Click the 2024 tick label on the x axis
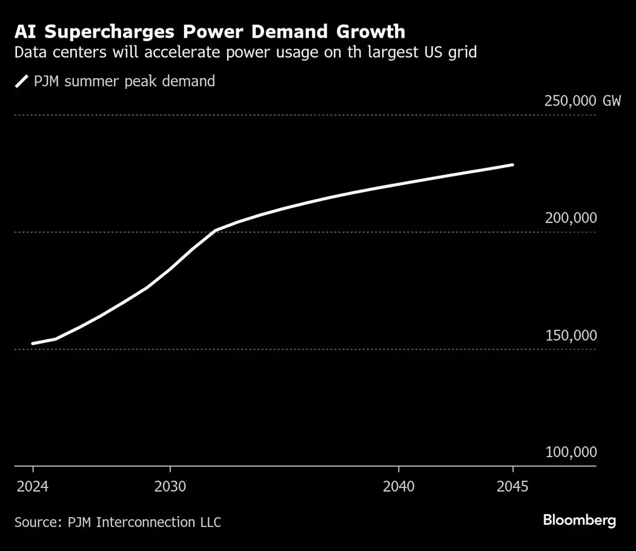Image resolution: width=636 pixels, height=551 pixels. pyautogui.click(x=33, y=487)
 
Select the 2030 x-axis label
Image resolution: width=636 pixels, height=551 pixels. pyautogui.click(x=170, y=487)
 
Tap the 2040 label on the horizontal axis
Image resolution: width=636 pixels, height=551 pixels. pyautogui.click(x=399, y=487)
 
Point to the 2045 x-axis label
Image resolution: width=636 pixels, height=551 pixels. pyautogui.click(x=512, y=487)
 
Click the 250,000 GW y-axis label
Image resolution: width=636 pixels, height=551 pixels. pyautogui.click(x=582, y=101)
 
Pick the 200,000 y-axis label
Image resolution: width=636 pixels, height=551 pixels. pyautogui.click(x=571, y=218)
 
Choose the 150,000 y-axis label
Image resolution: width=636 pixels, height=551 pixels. pyautogui.click(x=571, y=335)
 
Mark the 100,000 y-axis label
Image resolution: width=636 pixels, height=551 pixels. pyautogui.click(x=571, y=452)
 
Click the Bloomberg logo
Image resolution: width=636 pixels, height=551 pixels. pyautogui.click(x=579, y=520)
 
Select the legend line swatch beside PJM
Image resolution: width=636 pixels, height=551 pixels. pyautogui.click(x=22, y=81)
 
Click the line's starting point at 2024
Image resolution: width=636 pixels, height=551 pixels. pyautogui.click(x=33, y=344)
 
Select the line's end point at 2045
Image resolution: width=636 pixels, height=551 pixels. pyautogui.click(x=512, y=165)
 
